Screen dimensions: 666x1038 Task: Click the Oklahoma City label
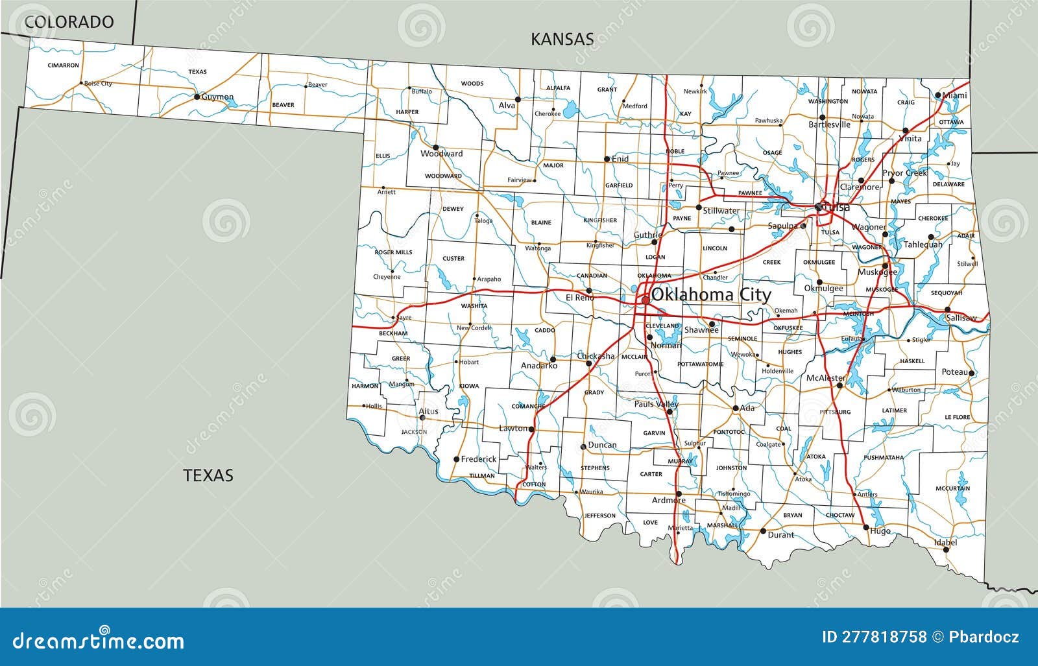click(x=711, y=295)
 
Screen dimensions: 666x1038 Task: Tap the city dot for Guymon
click(x=197, y=97)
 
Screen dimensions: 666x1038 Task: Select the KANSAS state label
click(x=562, y=39)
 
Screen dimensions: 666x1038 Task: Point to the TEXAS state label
click(x=208, y=475)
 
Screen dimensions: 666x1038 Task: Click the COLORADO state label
click(x=69, y=22)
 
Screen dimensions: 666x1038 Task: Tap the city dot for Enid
click(x=607, y=159)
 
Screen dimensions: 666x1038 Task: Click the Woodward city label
click(x=441, y=154)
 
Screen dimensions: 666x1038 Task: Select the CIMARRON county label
click(x=63, y=65)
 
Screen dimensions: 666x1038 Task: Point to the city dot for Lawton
click(x=531, y=429)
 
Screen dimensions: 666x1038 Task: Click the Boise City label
click(x=98, y=84)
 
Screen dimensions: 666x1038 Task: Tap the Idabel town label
click(x=945, y=542)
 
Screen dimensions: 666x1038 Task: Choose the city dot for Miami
click(x=938, y=95)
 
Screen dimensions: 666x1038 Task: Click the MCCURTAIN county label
click(x=952, y=488)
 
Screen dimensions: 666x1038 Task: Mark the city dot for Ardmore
click(x=679, y=494)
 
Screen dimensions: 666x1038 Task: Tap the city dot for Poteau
click(x=972, y=373)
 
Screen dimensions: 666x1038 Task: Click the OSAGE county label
click(x=772, y=153)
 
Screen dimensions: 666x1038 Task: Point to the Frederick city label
click(x=479, y=459)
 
